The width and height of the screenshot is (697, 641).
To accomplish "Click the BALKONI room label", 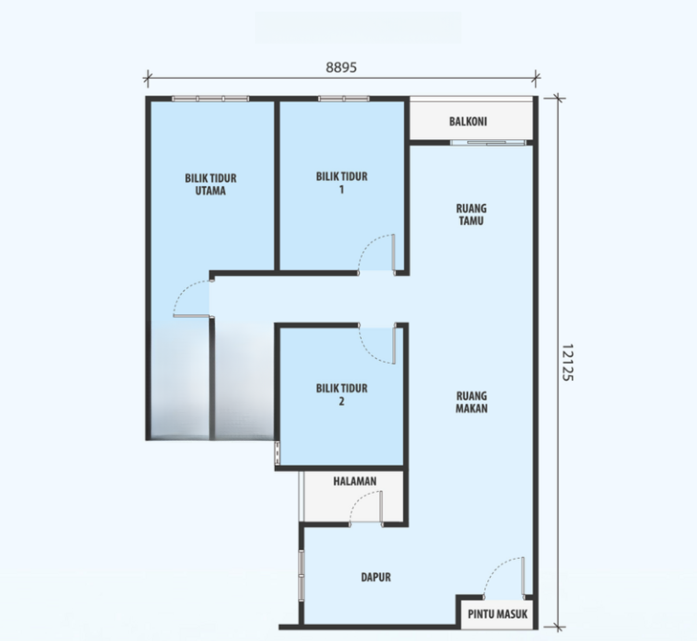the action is click(x=467, y=121).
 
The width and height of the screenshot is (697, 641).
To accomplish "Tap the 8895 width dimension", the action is click(x=341, y=67).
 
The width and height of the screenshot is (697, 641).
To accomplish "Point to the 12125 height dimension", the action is click(x=567, y=363).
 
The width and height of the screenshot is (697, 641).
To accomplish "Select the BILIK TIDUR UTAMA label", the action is click(x=210, y=184).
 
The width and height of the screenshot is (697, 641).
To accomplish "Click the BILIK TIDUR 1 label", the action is click(x=342, y=183).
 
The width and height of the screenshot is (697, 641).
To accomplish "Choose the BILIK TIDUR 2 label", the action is click(x=342, y=395).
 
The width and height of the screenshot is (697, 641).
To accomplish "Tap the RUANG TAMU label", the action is click(x=471, y=214).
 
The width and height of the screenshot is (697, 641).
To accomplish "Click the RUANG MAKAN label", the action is click(x=472, y=402).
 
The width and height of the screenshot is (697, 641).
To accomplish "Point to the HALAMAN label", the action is click(x=355, y=481).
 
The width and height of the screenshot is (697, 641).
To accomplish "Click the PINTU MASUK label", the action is click(x=498, y=614).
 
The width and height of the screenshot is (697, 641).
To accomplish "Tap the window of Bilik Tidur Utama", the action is click(x=210, y=99).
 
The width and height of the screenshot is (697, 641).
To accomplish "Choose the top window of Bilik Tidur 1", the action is click(x=344, y=99).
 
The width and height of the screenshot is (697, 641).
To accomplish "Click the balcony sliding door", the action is click(x=488, y=143).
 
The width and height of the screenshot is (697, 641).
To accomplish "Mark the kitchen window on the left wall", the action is click(x=301, y=575).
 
